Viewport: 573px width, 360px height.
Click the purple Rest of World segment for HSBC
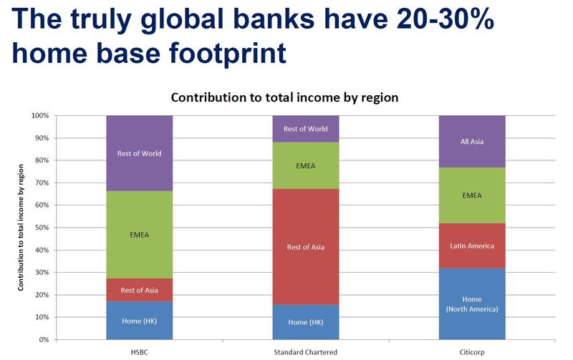[x=139, y=153]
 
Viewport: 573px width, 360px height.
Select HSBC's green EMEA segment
[x=139, y=235]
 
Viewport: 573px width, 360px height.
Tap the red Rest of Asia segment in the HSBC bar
[x=139, y=290]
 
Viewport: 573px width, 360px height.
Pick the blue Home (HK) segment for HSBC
[x=139, y=321]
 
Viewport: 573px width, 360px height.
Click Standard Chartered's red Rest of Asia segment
[x=306, y=247]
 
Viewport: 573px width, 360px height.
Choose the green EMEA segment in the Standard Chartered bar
[x=306, y=165]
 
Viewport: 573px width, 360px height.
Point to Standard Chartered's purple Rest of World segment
[x=306, y=129]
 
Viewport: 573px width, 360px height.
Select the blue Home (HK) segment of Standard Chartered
[x=306, y=322]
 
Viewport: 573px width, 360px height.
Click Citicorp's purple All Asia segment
[x=472, y=142]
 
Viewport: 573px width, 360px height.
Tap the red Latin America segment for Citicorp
[x=472, y=245]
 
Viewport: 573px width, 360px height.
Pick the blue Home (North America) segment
[x=472, y=303]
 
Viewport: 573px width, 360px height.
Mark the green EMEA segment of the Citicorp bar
[x=472, y=195]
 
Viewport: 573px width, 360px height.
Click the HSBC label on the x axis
[x=139, y=352]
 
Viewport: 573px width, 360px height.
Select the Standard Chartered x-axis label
[x=306, y=352]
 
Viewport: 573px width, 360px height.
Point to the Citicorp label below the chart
[x=472, y=352]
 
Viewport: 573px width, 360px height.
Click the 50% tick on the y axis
[x=42, y=228]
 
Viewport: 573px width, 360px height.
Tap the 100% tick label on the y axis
[x=40, y=115]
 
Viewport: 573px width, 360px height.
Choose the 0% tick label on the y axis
[x=44, y=339]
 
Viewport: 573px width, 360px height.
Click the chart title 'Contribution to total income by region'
[x=284, y=97]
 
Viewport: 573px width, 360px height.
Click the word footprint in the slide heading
[x=228, y=53]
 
